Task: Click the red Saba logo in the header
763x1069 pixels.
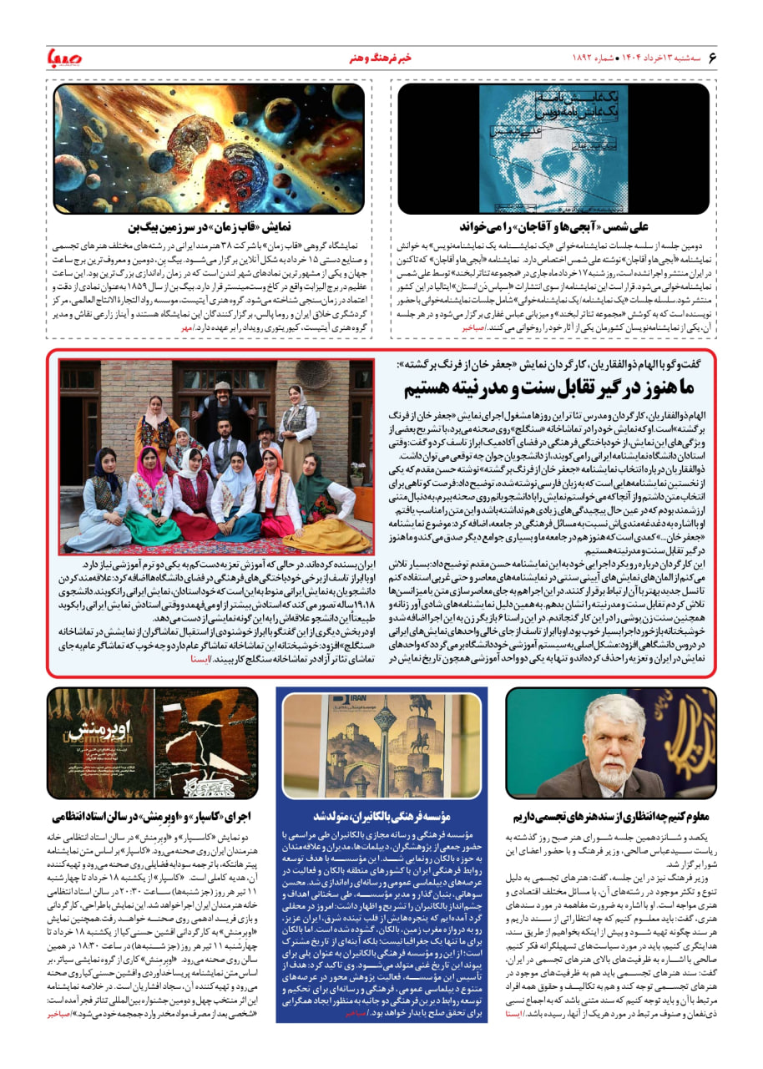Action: pos(63,58)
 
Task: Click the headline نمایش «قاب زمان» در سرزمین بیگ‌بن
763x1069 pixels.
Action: pos(220,226)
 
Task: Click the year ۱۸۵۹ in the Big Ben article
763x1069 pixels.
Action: pos(154,295)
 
